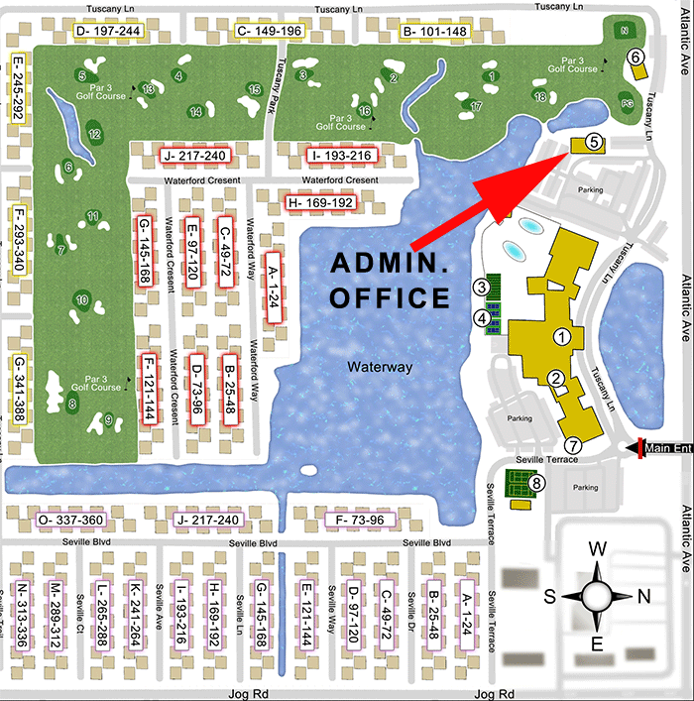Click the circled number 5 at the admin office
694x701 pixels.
point(593,142)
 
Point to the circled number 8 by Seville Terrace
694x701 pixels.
point(537,483)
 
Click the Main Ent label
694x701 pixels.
point(668,447)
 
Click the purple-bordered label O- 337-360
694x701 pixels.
point(69,521)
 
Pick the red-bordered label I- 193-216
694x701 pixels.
point(340,156)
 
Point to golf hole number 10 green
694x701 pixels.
point(83,299)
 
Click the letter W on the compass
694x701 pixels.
point(598,548)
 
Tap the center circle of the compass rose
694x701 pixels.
point(598,597)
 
